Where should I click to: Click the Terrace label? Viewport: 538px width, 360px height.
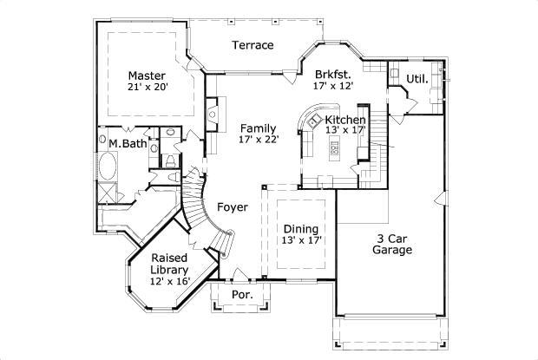[x=253, y=45]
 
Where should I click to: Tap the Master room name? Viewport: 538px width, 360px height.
[x=147, y=75]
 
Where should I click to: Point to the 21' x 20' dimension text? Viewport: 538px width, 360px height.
[x=147, y=87]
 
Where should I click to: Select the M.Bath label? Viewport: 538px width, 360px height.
[x=127, y=143]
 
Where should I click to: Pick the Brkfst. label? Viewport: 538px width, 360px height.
[x=333, y=75]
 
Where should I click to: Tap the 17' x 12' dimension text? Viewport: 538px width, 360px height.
[x=333, y=87]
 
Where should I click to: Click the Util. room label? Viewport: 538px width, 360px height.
[x=417, y=80]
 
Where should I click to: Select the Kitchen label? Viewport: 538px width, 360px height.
[x=345, y=119]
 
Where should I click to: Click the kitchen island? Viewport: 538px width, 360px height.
[x=334, y=148]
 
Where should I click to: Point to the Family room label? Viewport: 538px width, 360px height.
[x=259, y=128]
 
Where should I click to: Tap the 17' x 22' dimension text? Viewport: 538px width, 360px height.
[x=259, y=140]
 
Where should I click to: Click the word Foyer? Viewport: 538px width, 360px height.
[x=233, y=207]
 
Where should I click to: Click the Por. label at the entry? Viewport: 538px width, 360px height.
[x=241, y=295]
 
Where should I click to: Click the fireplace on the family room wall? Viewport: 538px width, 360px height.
[x=211, y=113]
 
